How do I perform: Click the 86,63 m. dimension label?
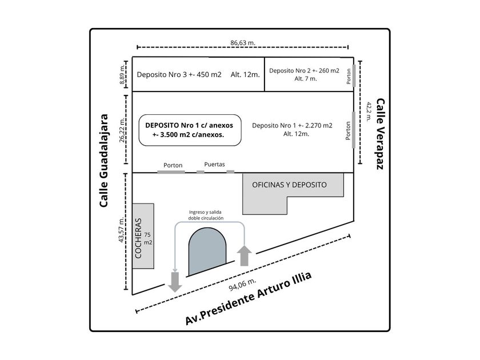point(243,42)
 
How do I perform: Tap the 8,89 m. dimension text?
point(122,74)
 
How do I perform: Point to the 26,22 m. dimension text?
point(122,130)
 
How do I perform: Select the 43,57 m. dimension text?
point(122,230)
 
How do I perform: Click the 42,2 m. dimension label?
point(369,112)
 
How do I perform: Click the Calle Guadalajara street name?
point(104,161)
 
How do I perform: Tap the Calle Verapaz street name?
point(380,134)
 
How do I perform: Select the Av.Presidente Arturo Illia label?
point(249,298)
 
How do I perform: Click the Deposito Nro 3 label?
point(179,75)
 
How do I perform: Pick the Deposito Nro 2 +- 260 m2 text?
point(304,71)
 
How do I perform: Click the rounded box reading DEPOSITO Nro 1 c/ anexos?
point(190,130)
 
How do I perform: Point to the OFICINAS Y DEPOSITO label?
point(289,185)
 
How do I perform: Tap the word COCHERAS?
point(138,238)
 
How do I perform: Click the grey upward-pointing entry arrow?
point(245,255)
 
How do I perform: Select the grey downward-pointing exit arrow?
point(175,282)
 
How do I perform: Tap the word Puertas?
point(215,165)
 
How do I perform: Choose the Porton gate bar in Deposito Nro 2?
point(354,75)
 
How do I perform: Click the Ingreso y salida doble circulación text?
point(206,215)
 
